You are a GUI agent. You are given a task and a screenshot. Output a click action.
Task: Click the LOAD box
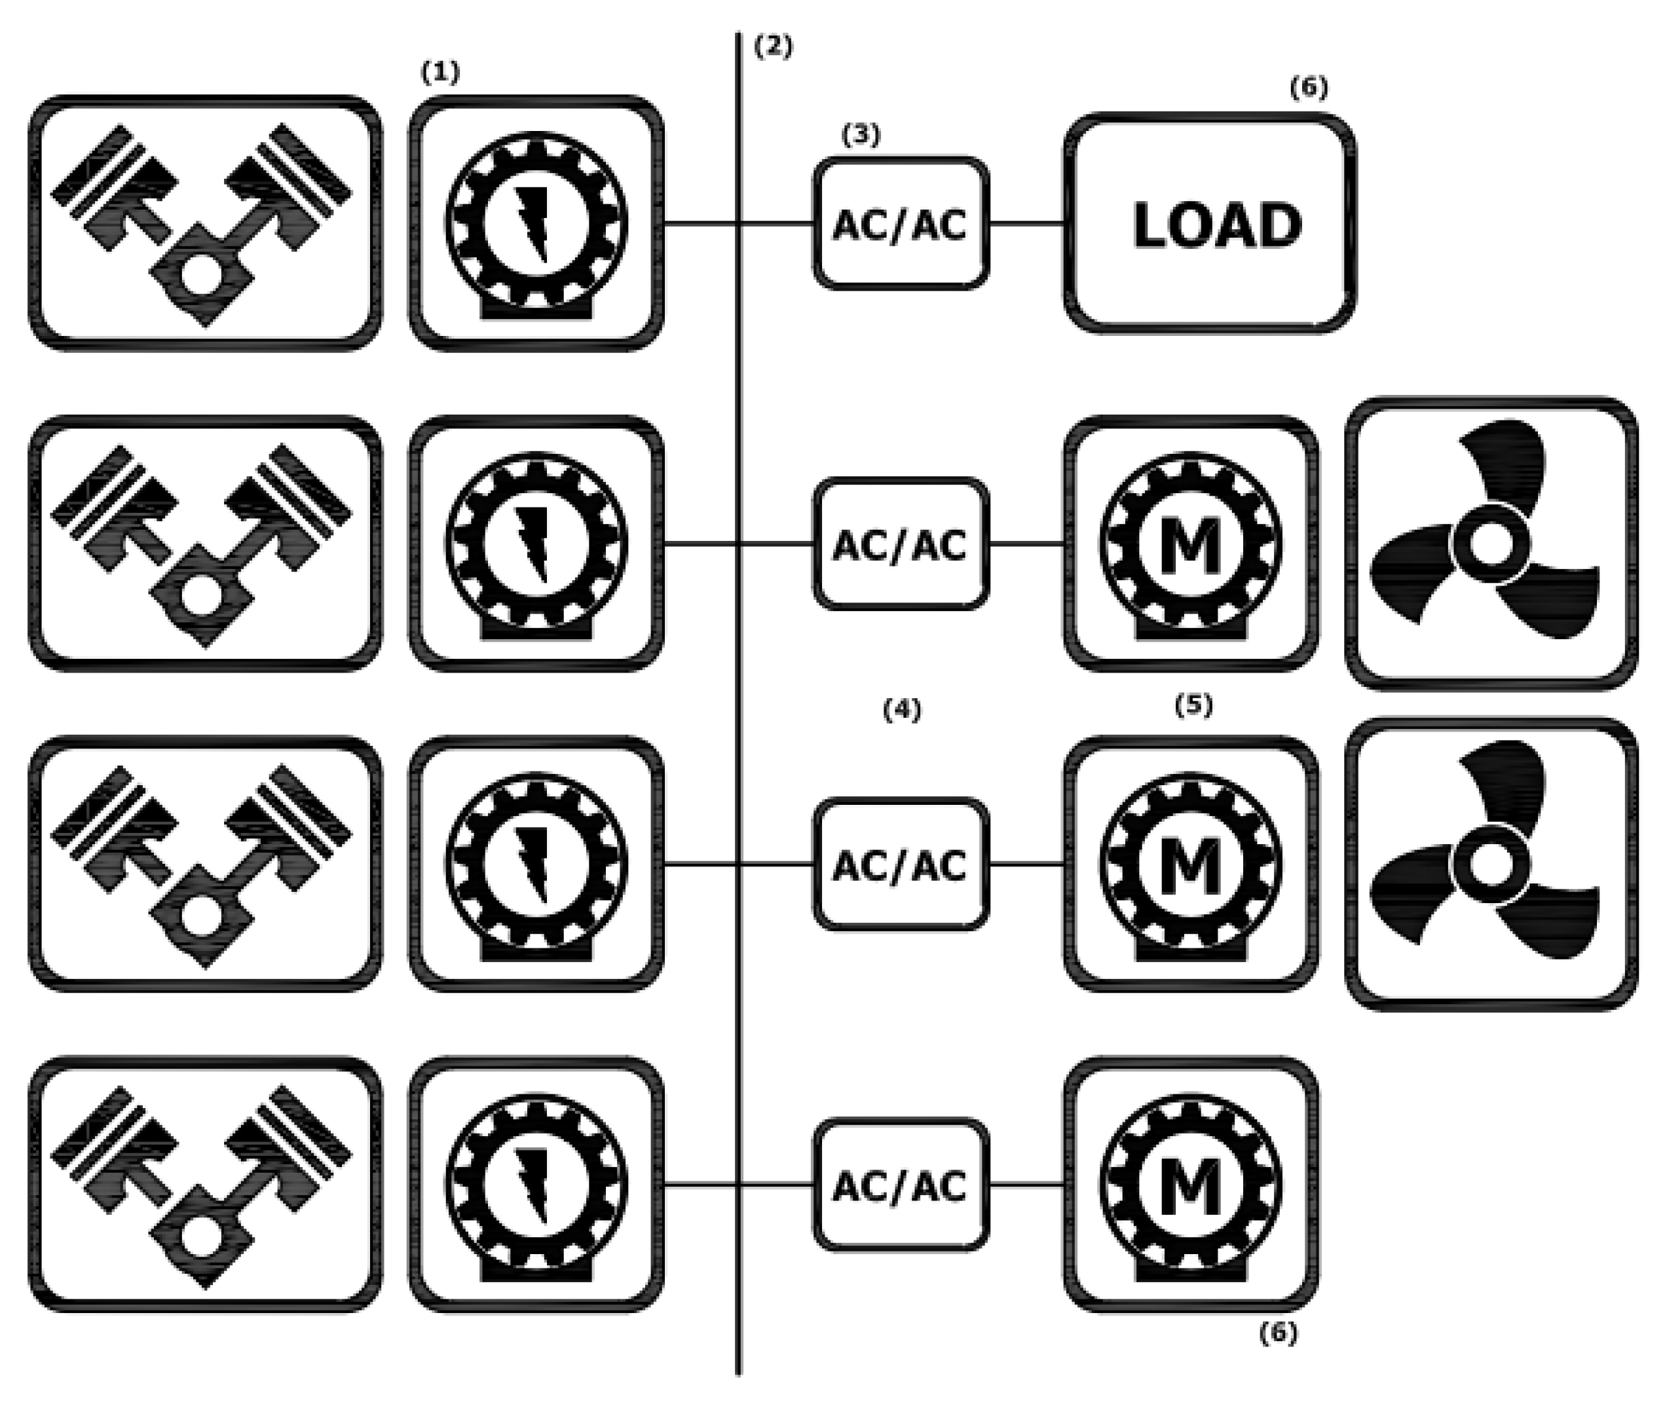point(1210,223)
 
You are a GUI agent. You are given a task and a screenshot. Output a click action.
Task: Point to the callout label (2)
point(774,47)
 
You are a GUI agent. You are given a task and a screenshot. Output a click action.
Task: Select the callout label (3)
point(861,135)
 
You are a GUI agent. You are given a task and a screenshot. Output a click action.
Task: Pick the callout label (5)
point(1194,704)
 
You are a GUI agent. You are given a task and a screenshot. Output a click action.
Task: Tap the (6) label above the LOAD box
point(1310,88)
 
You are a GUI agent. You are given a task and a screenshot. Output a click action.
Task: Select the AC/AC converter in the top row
point(901,224)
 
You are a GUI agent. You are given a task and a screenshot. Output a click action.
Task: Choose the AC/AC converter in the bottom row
point(901,1185)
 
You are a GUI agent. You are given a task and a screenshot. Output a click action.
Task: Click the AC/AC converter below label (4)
point(901,864)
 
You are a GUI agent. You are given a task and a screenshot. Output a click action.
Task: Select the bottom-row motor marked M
point(1191,1186)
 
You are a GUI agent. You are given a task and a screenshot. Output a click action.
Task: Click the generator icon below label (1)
point(536,223)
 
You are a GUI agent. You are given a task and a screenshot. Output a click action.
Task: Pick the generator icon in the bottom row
point(536,1186)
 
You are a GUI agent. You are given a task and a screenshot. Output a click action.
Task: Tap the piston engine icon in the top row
point(204,223)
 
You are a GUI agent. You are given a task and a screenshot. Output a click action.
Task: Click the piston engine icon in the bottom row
point(204,1186)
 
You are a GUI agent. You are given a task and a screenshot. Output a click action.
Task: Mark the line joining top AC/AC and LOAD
point(1026,223)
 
